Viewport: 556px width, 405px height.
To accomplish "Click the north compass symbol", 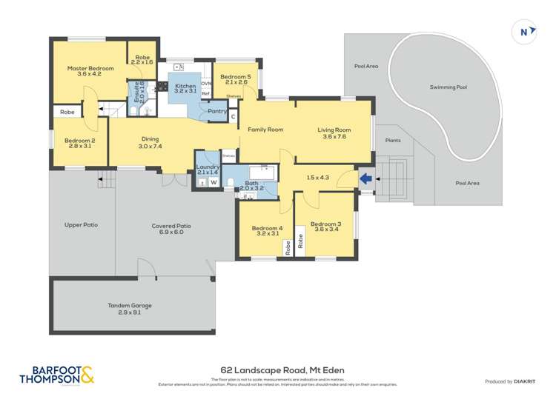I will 524,32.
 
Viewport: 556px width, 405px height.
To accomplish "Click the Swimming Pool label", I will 448,87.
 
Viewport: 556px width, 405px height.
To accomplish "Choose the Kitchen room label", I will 185,87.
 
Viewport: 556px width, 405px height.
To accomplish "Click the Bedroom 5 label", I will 235,76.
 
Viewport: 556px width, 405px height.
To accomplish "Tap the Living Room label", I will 334,130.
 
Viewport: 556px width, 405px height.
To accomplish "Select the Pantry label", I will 217,112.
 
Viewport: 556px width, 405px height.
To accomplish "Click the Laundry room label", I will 208,167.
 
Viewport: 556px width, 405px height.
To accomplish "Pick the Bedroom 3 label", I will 325,224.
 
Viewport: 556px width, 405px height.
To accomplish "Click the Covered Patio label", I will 171,226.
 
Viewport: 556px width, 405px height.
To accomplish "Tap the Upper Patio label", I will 81,224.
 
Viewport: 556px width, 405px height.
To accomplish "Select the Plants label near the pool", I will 393,140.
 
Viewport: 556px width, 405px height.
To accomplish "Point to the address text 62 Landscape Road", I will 282,369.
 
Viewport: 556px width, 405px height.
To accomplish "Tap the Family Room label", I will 265,130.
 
